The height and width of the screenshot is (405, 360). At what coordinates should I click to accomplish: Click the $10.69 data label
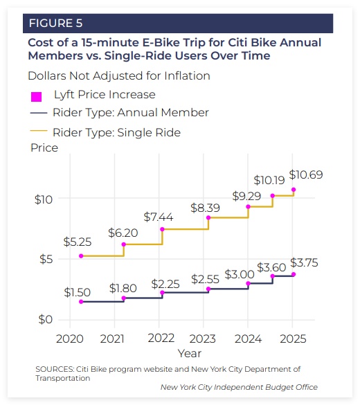point(306,175)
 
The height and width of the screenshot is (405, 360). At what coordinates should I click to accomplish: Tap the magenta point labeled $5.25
point(81,256)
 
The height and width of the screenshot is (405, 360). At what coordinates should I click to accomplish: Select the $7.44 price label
point(159,217)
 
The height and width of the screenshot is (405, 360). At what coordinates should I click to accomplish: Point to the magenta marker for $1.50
point(81,302)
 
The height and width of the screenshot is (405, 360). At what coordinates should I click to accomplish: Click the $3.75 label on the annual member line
point(304,262)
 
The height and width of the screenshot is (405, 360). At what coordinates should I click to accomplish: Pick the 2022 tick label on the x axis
point(161,338)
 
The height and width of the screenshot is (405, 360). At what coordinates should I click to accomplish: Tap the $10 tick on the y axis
point(44,199)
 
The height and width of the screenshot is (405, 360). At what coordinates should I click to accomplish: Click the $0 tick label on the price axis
point(46,320)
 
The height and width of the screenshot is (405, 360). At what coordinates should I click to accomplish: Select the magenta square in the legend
point(37,97)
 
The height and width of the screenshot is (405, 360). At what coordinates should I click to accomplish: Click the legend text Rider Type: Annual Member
point(131,113)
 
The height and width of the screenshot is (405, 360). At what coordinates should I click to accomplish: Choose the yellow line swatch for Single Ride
point(39,131)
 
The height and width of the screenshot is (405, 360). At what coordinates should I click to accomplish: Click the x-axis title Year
point(189,353)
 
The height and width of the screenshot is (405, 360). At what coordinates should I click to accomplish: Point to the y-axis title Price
point(44,147)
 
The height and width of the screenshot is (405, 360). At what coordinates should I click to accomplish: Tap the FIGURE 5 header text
point(56,24)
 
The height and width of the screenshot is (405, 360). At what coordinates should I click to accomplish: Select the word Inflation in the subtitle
point(187,76)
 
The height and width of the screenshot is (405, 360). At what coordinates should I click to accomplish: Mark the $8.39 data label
point(205,208)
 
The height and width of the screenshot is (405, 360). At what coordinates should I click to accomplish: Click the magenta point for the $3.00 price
point(248,284)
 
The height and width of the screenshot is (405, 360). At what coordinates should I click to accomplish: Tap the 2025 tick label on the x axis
point(293,339)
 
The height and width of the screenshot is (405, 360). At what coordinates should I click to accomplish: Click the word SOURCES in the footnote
point(55,369)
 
